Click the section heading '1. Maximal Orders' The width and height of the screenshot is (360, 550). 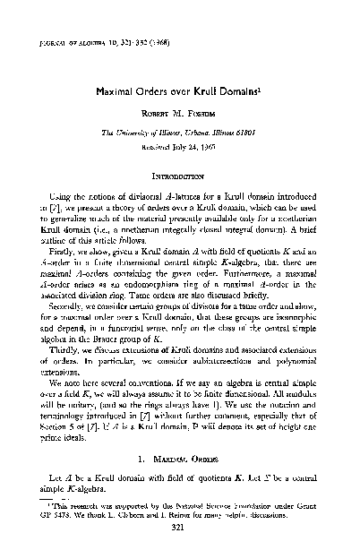pos(179,457)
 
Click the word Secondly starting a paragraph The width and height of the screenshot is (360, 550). pos(59,315)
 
